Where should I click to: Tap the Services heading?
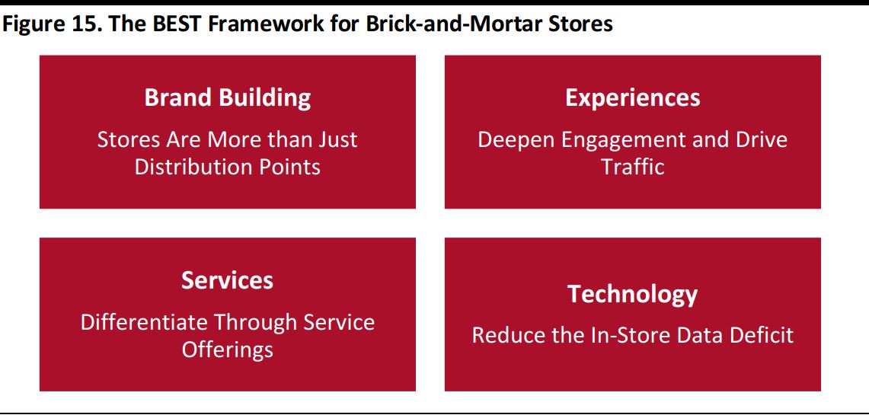pyautogui.click(x=227, y=280)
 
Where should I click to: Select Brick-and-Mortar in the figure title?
pyautogui.click(x=448, y=25)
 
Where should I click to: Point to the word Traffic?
pyautogui.click(x=633, y=167)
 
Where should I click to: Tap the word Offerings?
pyautogui.click(x=228, y=350)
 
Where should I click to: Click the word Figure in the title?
pyautogui.click(x=35, y=25)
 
